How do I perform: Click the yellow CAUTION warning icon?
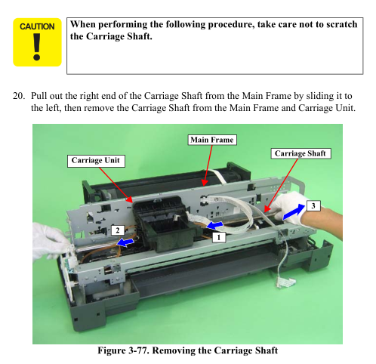pos(37,42)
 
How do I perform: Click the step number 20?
pos(19,96)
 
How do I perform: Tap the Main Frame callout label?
pos(212,140)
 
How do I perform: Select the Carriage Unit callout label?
pos(96,161)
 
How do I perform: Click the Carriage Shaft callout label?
pos(300,153)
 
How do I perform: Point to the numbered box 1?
pos(219,237)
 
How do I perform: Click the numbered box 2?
pos(118,230)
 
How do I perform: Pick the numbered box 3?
pos(313,206)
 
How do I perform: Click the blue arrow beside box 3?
pos(294,212)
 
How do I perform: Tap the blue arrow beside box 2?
pos(125,242)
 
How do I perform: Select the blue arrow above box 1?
pos(214,226)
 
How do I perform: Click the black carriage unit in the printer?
pos(165,224)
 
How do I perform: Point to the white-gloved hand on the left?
pos(51,242)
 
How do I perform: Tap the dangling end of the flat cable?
pos(285,282)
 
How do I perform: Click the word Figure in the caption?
pos(112,350)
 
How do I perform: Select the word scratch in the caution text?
pos(342,24)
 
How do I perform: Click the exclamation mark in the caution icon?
pos(37,47)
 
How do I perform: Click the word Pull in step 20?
pos(39,96)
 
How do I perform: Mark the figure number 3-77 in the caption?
pos(139,350)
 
